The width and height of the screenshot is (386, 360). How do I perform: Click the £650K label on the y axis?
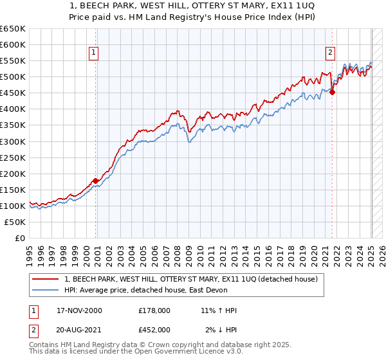click(13, 29)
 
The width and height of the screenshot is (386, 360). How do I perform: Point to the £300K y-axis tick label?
click(13, 141)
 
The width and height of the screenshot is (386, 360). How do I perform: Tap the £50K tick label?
click(15, 222)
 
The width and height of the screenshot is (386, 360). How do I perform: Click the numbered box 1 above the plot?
click(94, 53)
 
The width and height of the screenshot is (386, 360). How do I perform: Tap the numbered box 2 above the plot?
click(330, 53)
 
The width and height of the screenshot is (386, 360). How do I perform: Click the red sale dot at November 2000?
click(96, 181)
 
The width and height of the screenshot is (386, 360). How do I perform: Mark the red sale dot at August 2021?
click(333, 93)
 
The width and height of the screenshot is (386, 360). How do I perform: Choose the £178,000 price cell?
click(154, 310)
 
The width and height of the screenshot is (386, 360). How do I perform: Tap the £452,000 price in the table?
click(154, 329)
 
